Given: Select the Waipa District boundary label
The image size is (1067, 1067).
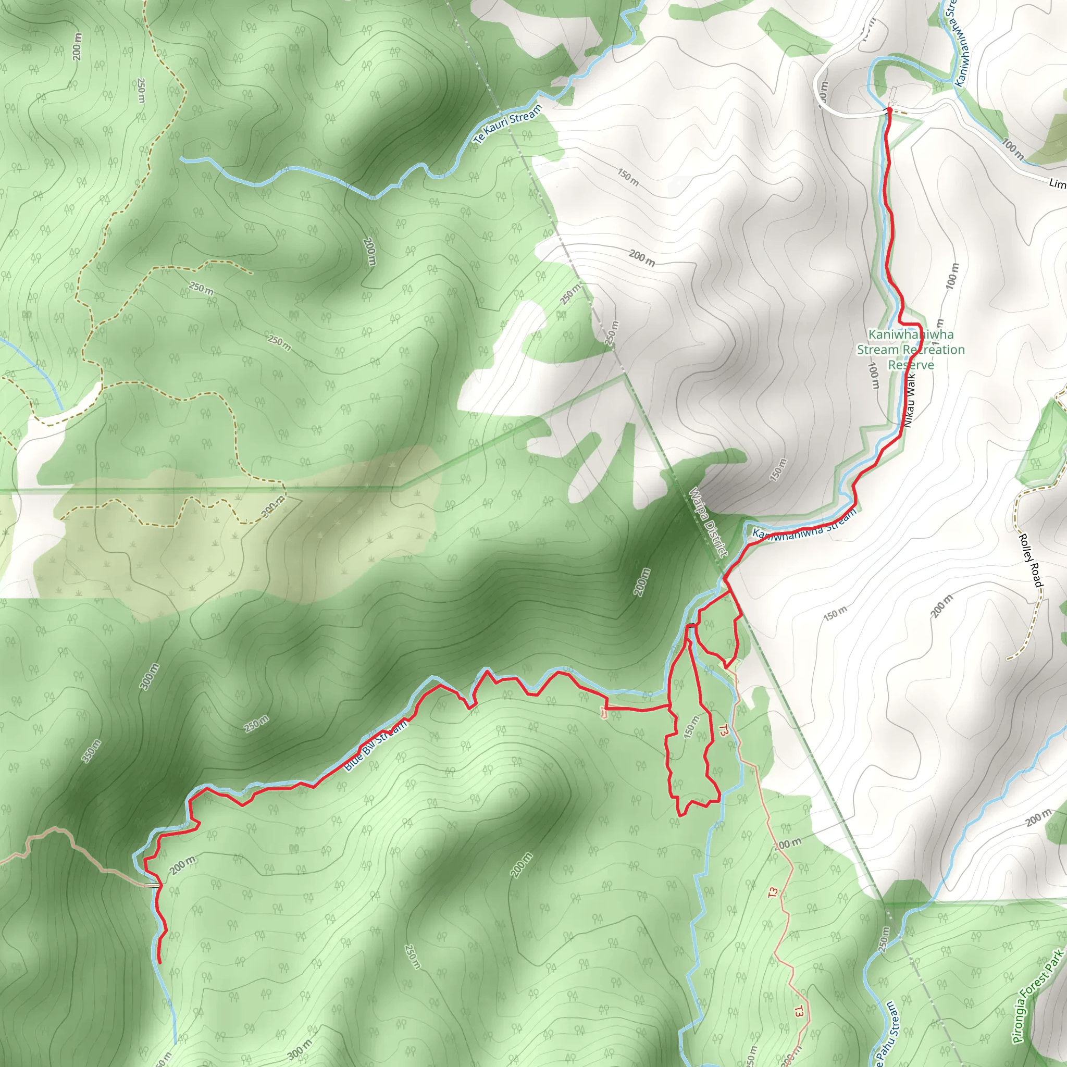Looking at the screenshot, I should tap(708, 522).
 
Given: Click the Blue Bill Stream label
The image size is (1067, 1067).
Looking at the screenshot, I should tap(376, 746).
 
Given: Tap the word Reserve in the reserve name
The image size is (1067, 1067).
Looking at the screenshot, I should tap(911, 365).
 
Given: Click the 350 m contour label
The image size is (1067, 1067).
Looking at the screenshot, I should tap(92, 751).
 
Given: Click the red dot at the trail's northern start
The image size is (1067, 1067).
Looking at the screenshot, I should tap(889, 110).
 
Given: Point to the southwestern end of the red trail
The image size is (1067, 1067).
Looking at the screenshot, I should tap(159, 963).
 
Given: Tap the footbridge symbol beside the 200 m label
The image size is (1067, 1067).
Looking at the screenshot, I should tap(151, 886).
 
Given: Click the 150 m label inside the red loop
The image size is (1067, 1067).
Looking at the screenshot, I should tap(691, 727).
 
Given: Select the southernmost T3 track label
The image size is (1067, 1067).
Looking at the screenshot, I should tap(799, 1011).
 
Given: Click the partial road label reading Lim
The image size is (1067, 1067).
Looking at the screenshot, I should tap(1057, 183).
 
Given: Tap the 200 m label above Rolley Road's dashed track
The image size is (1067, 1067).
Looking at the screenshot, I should tap(941, 606).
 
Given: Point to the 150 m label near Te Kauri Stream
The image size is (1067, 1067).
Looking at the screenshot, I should tap(628, 177).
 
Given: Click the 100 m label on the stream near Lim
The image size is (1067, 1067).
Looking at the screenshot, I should tap(1013, 148).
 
